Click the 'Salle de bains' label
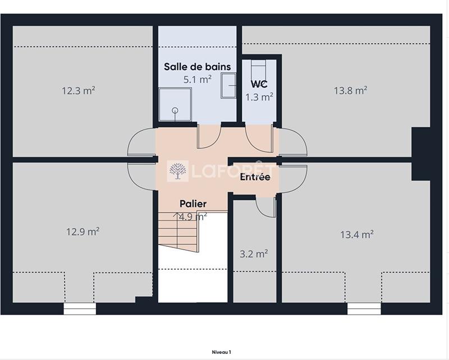click(x=197, y=67)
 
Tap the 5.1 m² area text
click(x=197, y=80)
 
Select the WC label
click(x=259, y=84)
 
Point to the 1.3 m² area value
click(x=259, y=96)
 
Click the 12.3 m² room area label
click(x=78, y=90)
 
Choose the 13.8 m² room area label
click(x=350, y=90)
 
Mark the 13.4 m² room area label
click(x=357, y=234)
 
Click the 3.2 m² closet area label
click(x=253, y=254)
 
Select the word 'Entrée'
click(x=255, y=177)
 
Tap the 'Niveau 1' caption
click(x=221, y=352)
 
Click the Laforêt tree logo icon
click(x=178, y=171)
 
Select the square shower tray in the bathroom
click(x=172, y=104)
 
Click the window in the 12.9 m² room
click(x=80, y=308)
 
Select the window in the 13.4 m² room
click(x=364, y=308)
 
